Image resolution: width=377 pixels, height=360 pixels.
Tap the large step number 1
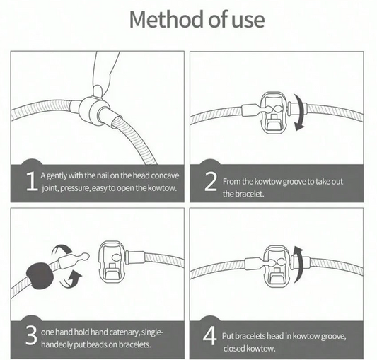(x=32, y=182)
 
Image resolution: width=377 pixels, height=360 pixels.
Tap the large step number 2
(x=210, y=182)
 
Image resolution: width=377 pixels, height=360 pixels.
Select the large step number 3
(x=32, y=335)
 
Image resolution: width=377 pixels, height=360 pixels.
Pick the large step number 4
(x=209, y=336)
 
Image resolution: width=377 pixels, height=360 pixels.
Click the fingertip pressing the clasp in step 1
(x=98, y=91)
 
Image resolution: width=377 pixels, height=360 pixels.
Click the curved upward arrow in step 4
(x=298, y=265)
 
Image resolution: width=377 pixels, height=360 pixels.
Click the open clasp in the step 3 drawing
(x=112, y=262)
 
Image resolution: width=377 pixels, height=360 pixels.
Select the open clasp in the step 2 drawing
(x=274, y=112)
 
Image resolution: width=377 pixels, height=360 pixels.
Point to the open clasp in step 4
(x=277, y=267)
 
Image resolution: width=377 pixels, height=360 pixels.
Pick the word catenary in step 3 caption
(x=124, y=332)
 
